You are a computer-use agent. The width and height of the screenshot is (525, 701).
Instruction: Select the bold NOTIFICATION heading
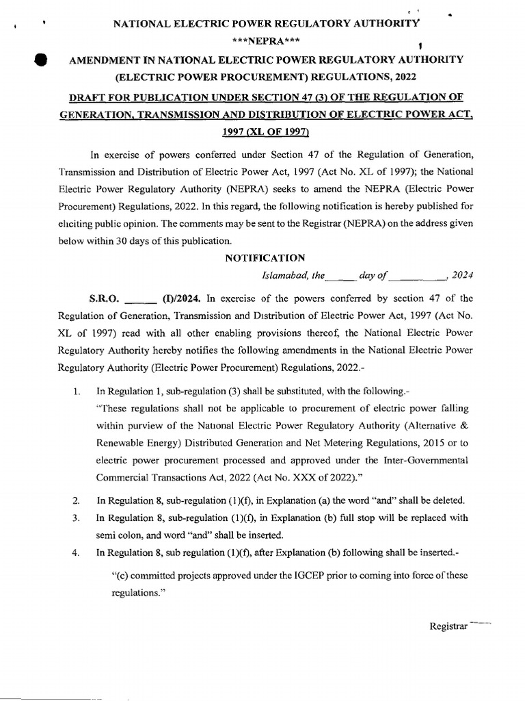(265, 258)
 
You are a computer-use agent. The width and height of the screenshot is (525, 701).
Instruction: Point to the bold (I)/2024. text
(182, 298)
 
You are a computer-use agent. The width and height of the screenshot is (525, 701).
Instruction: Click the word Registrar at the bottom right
(448, 626)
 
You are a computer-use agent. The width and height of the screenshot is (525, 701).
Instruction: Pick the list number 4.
(77, 552)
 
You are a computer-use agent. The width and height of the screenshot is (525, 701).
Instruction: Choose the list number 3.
(77, 518)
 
